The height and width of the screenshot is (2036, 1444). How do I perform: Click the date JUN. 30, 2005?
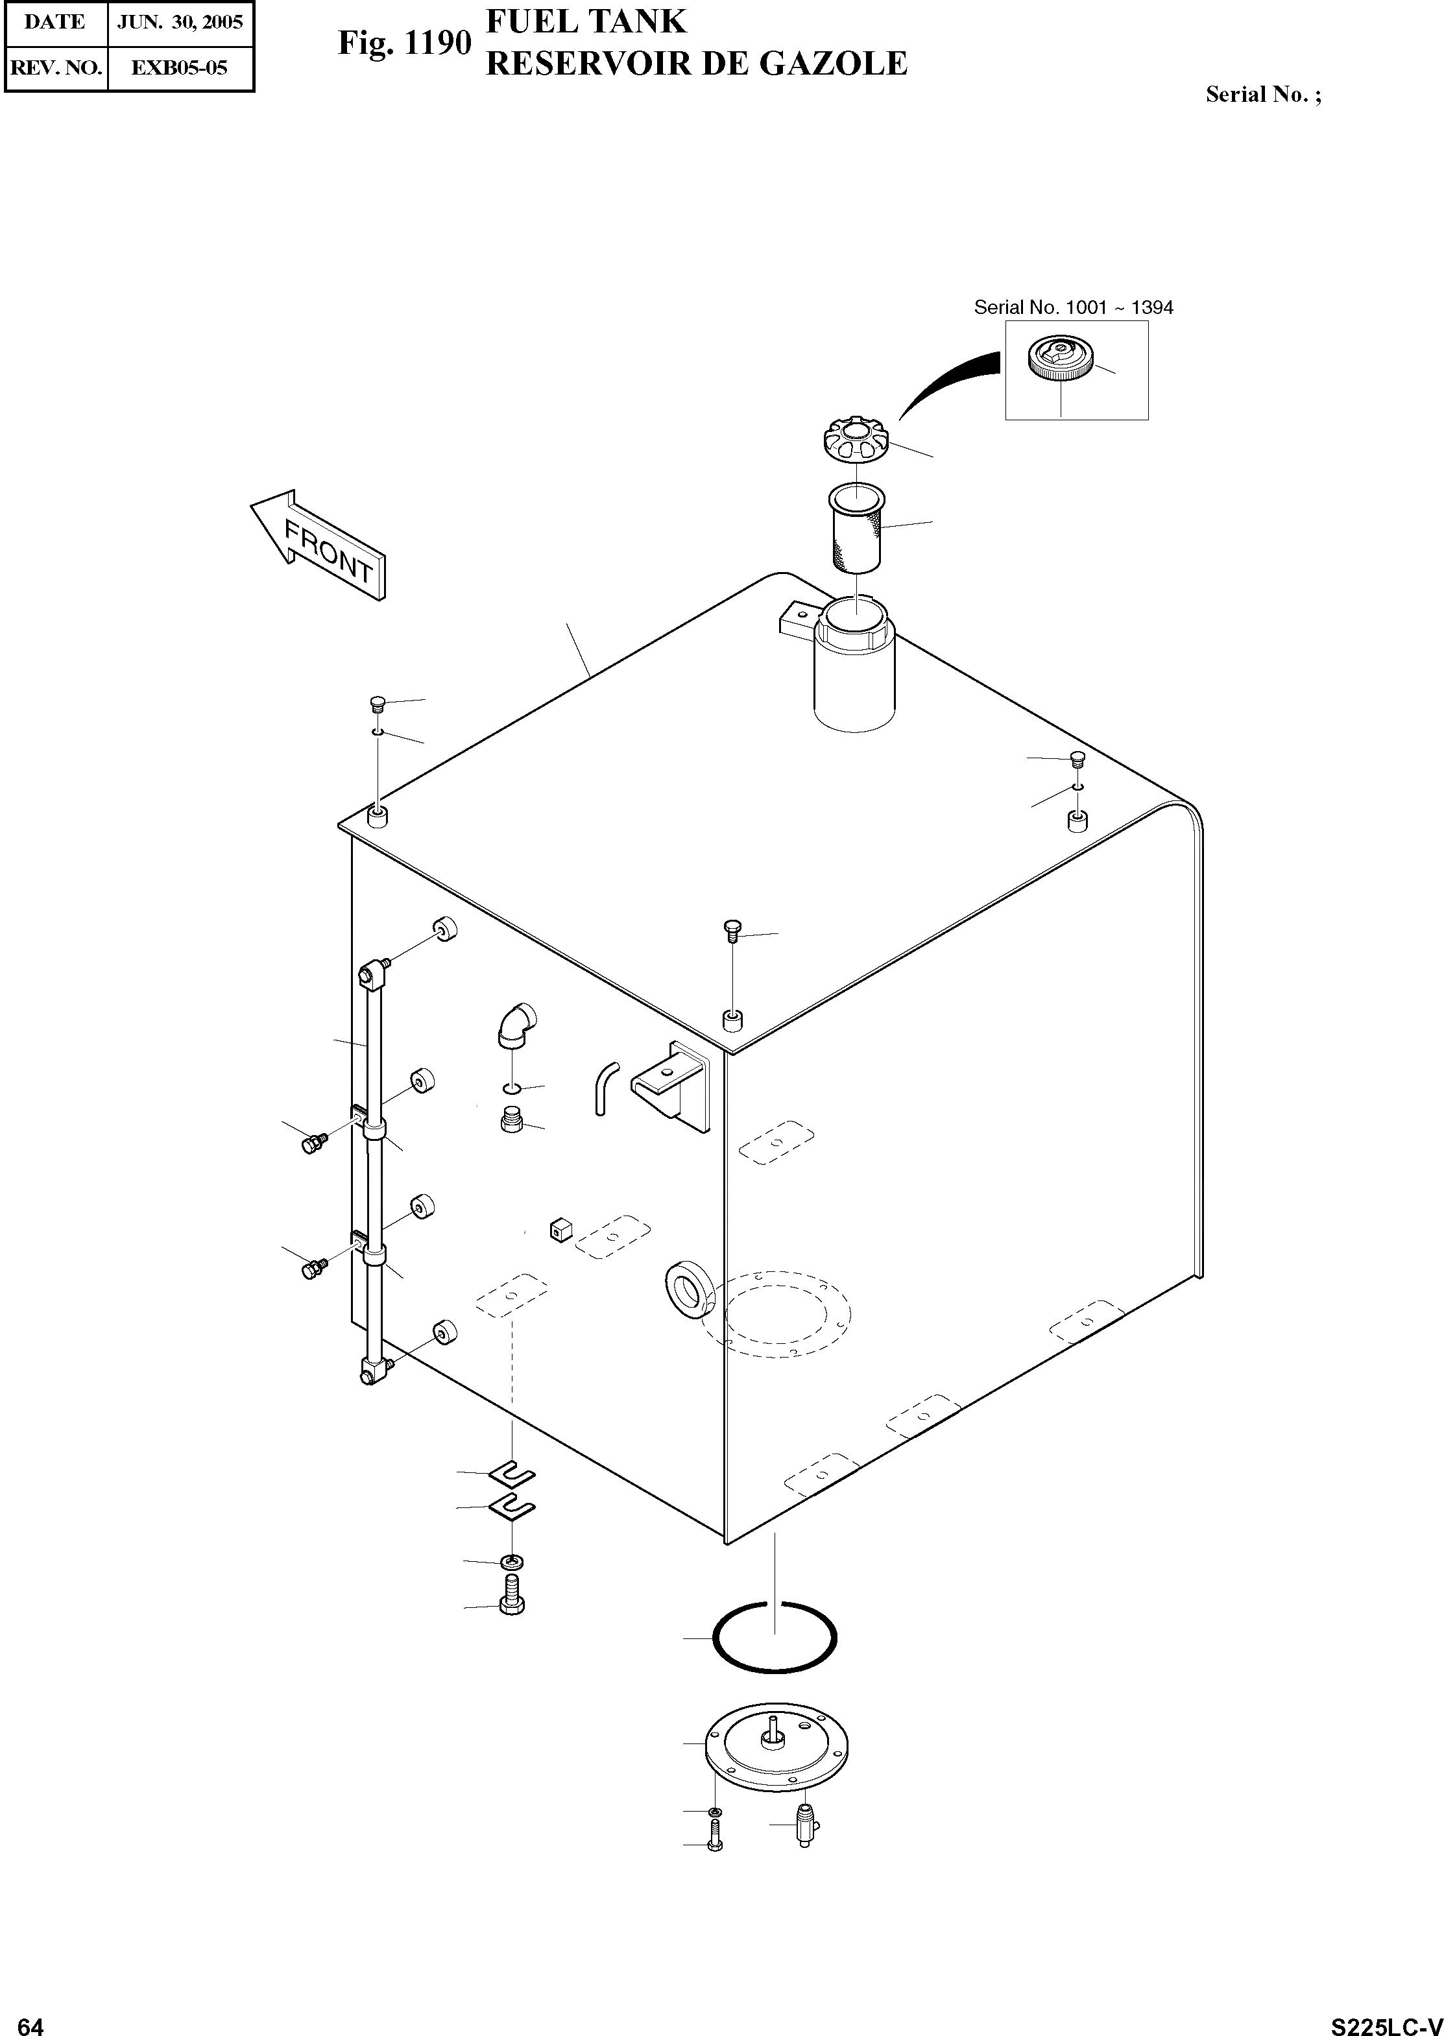point(180,22)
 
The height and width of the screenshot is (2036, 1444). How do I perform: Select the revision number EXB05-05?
point(180,67)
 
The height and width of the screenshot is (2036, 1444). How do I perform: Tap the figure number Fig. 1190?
point(403,43)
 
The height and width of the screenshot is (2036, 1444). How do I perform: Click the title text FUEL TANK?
point(586,21)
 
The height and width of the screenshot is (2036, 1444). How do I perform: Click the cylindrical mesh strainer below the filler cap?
point(856,528)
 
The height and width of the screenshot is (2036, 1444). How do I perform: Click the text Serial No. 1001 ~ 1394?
point(1073,307)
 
